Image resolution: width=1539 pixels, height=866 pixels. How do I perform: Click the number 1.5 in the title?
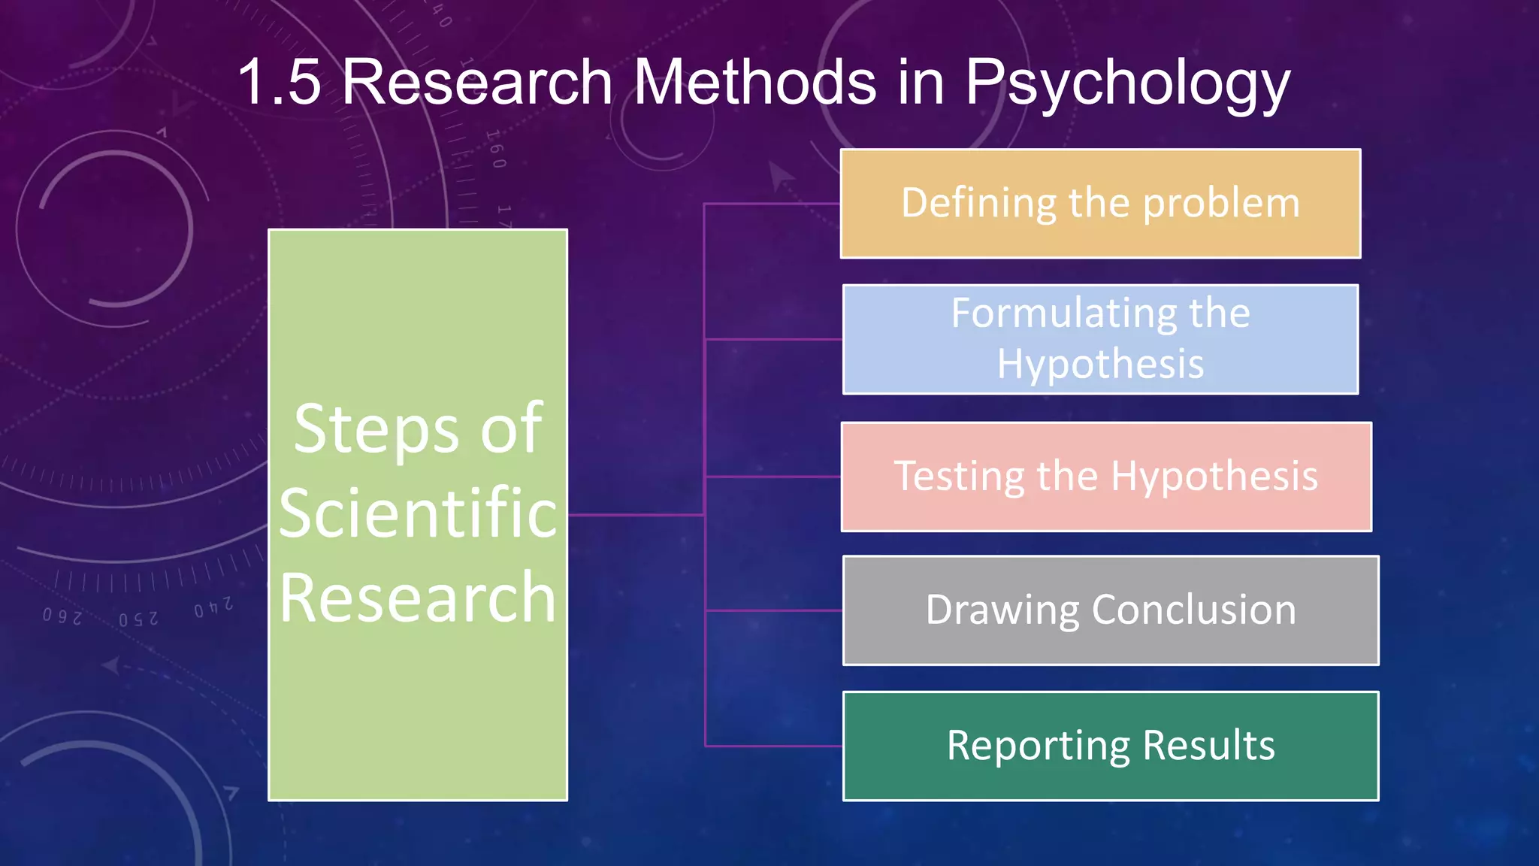click(x=280, y=82)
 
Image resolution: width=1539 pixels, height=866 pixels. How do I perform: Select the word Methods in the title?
click(x=754, y=82)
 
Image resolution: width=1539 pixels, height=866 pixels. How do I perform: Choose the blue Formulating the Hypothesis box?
click(x=1100, y=339)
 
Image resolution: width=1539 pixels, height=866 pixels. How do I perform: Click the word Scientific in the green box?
click(x=418, y=513)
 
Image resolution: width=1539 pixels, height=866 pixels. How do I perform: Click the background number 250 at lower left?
click(x=138, y=619)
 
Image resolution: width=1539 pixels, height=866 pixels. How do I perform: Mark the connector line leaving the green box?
click(x=635, y=515)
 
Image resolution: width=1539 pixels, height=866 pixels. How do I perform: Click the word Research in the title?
click(x=478, y=82)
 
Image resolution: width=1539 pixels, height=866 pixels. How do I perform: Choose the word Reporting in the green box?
click(x=1037, y=746)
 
